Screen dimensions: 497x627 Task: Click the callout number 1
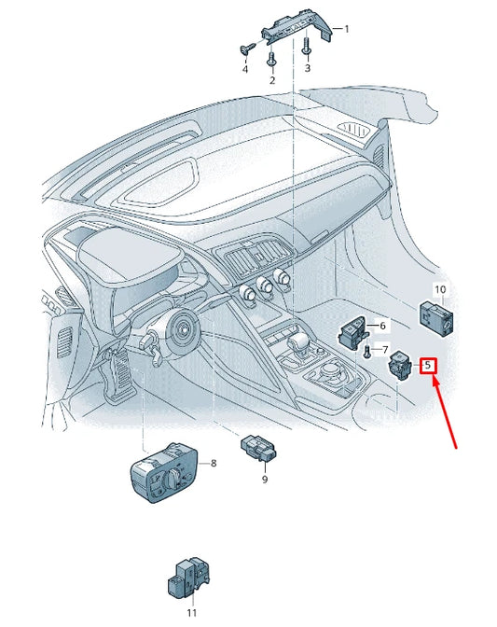pyautogui.click(x=347, y=29)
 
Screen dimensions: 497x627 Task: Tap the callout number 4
pyautogui.click(x=245, y=69)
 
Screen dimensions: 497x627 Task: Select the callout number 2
pyautogui.click(x=272, y=80)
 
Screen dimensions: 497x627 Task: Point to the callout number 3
pyautogui.click(x=307, y=68)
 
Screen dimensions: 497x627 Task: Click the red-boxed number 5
pyautogui.click(x=428, y=365)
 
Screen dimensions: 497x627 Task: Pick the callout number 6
pyautogui.click(x=382, y=326)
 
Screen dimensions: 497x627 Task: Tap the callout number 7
pyautogui.click(x=384, y=350)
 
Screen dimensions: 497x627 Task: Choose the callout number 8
pyautogui.click(x=214, y=463)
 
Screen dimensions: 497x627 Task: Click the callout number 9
pyautogui.click(x=265, y=479)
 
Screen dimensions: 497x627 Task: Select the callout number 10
pyautogui.click(x=440, y=289)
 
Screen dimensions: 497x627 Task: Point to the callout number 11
pyautogui.click(x=192, y=612)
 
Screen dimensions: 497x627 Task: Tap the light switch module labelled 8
pyautogui.click(x=164, y=472)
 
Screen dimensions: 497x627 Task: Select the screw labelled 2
pyautogui.click(x=271, y=59)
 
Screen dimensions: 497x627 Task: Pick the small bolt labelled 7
pyautogui.click(x=366, y=351)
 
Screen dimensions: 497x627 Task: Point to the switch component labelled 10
pyautogui.click(x=436, y=319)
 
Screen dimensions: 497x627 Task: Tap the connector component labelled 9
pyautogui.click(x=258, y=448)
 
